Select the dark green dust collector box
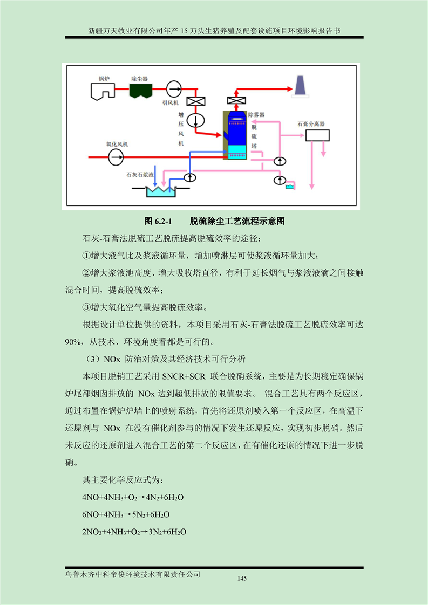[x=141, y=91]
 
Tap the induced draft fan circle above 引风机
[x=174, y=89]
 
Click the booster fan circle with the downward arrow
[x=195, y=120]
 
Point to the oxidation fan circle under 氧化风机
[x=116, y=157]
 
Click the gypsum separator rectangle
[x=317, y=135]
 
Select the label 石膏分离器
[x=311, y=124]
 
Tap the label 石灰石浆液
[x=140, y=175]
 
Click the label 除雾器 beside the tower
[x=256, y=115]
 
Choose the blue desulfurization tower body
[x=234, y=135]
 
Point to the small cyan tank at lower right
[x=289, y=187]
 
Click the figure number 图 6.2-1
[x=158, y=221]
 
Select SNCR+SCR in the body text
[x=184, y=376]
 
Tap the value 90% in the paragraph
[x=73, y=342]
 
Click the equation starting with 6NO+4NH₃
[x=126, y=515]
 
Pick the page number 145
[x=242, y=579]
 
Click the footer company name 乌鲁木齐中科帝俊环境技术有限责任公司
[x=133, y=574]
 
